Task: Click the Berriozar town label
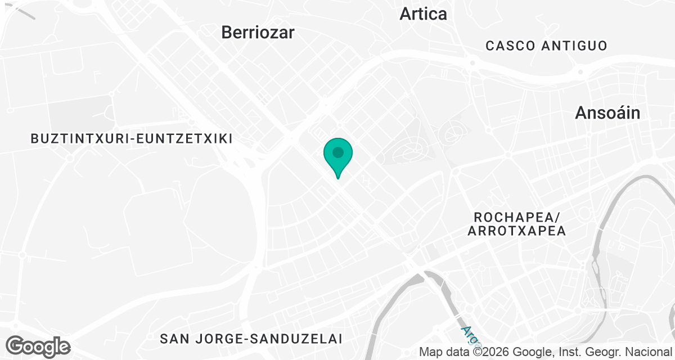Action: coord(258,32)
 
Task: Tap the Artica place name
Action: coord(423,14)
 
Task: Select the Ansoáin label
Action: coord(607,113)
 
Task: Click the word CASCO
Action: coord(509,46)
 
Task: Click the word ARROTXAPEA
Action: coord(516,231)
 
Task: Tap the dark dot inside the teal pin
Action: coord(338,152)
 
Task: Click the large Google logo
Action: coord(38,346)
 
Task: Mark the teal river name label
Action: coord(467,335)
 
